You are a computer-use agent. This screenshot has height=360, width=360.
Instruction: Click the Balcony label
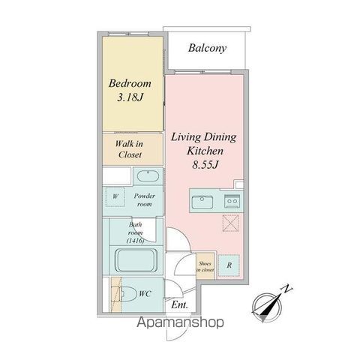pyautogui.click(x=207, y=48)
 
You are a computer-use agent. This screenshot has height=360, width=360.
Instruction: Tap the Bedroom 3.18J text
pyautogui.click(x=130, y=90)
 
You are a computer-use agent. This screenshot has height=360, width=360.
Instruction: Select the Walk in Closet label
pyautogui.click(x=130, y=149)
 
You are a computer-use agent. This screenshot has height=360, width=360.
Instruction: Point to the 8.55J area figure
pyautogui.click(x=205, y=165)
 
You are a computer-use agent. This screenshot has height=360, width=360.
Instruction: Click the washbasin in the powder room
pyautogui.click(x=148, y=176)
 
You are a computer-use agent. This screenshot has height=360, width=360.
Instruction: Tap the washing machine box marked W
pyautogui.click(x=115, y=196)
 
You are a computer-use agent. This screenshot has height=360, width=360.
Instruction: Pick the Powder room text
pyautogui.click(x=144, y=199)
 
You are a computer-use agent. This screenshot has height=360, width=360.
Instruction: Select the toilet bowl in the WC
pyautogui.click(x=127, y=293)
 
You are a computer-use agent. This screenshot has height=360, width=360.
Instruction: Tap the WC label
pyautogui.click(x=145, y=293)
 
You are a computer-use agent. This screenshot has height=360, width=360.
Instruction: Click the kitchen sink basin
pyautogui.click(x=202, y=202)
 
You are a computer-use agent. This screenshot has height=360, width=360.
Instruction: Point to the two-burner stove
pyautogui.click(x=232, y=201)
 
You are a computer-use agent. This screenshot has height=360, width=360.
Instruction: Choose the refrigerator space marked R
pyautogui.click(x=229, y=265)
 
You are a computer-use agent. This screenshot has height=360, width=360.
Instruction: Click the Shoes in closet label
pyautogui.click(x=205, y=266)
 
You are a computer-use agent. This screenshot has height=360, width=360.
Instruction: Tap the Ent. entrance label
pyautogui.click(x=179, y=304)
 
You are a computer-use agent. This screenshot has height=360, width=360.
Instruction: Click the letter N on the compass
pyautogui.click(x=287, y=289)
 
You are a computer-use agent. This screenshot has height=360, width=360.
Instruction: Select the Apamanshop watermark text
pyautogui.click(x=180, y=322)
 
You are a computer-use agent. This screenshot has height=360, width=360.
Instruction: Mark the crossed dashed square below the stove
pyautogui.click(x=230, y=223)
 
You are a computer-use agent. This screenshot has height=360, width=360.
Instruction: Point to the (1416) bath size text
pyautogui.click(x=135, y=241)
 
